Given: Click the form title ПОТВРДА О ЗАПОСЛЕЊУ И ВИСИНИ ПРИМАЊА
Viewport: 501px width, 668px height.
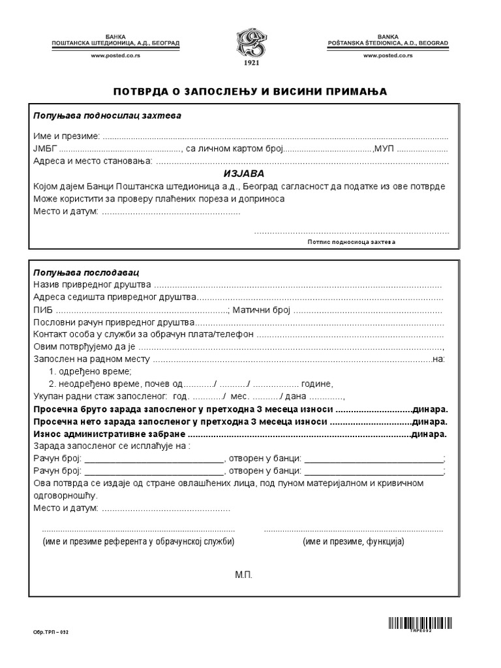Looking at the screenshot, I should click(x=250, y=91).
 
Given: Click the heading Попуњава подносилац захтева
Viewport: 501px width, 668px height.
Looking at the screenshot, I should click(x=108, y=115).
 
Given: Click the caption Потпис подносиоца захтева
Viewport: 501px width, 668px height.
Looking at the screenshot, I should click(x=351, y=242).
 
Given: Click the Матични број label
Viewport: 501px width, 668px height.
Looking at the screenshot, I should click(x=261, y=310).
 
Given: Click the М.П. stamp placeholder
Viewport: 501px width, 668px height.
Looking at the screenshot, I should click(x=243, y=575).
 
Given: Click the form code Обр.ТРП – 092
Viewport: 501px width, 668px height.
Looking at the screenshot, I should click(x=50, y=632).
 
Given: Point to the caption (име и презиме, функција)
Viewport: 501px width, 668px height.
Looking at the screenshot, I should click(x=353, y=542).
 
